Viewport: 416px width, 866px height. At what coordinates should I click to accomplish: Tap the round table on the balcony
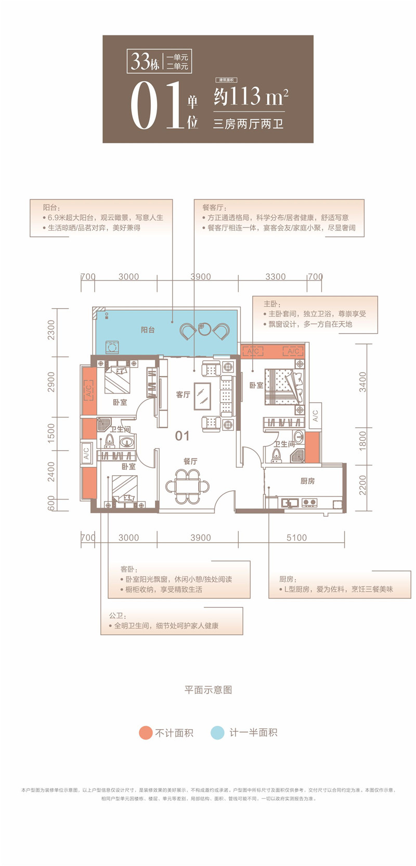[204, 329]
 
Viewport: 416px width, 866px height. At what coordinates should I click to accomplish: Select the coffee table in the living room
[202, 394]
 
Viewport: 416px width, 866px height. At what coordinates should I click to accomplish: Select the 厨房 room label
[307, 481]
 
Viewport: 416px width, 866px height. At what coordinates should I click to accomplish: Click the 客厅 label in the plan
[183, 394]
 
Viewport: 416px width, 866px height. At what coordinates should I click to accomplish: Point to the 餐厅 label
[190, 461]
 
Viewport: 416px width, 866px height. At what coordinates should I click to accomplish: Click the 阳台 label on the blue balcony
[148, 330]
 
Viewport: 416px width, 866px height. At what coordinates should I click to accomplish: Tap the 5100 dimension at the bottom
[296, 538]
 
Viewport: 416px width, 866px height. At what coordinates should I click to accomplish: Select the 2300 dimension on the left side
[51, 329]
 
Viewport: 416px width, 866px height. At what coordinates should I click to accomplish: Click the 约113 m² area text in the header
[250, 97]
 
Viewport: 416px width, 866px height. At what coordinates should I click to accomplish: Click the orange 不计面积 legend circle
[145, 732]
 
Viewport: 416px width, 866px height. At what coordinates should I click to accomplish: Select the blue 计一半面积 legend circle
[217, 732]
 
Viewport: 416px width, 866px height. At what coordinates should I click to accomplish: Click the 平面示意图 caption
[208, 690]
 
